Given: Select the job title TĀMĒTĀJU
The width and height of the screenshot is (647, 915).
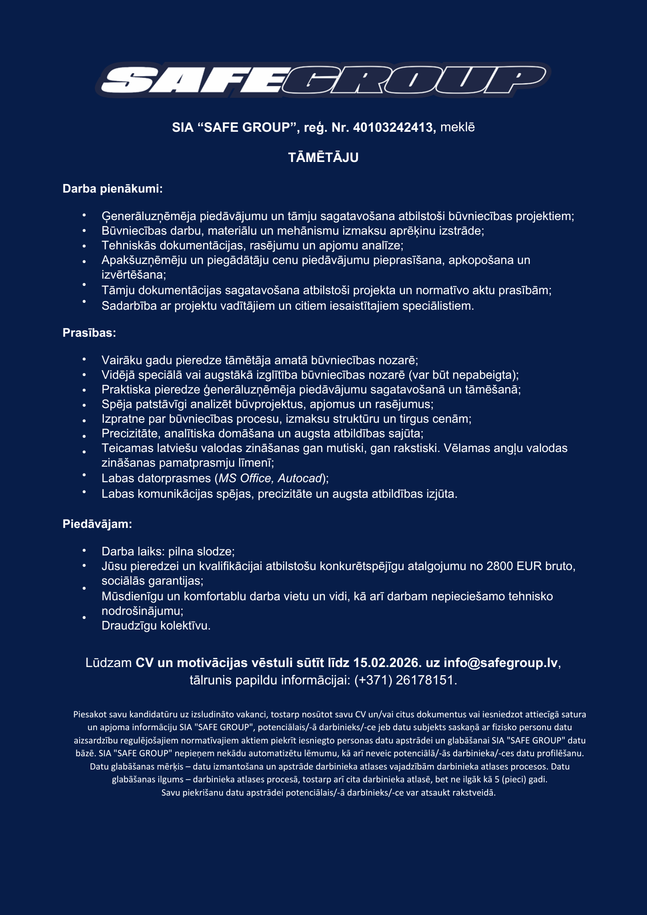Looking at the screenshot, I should tap(323, 158).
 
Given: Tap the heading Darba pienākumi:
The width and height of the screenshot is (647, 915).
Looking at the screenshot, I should tap(113, 188).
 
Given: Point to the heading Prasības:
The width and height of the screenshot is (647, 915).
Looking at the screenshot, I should tap(89, 333).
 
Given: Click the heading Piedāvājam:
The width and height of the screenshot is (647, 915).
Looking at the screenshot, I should tap(97, 524).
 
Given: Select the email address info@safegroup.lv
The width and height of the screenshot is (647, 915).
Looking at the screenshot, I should tap(501, 662).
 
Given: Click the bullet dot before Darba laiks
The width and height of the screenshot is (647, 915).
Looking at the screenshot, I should tap(84, 550).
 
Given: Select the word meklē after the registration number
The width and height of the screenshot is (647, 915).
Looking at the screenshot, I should tap(457, 127).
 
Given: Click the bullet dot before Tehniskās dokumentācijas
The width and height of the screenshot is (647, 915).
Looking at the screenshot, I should tap(84, 246).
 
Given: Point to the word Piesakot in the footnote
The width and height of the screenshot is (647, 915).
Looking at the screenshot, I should tap(90, 714).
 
